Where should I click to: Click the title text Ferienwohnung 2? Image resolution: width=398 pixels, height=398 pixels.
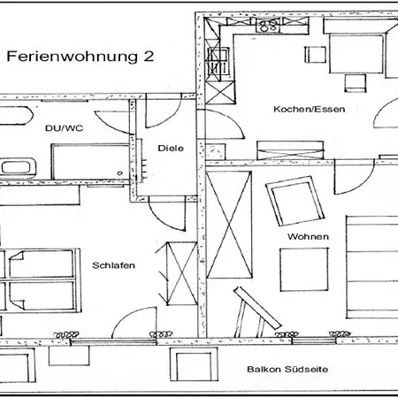(x=80, y=57)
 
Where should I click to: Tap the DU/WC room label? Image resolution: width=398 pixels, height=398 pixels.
(x=64, y=128)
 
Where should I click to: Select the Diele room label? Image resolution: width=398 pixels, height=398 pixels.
(x=171, y=148)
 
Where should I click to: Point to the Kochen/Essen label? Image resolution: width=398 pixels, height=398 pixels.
(x=310, y=110)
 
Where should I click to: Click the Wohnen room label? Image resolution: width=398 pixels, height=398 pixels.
(x=308, y=236)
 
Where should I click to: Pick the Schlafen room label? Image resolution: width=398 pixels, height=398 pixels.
(x=113, y=265)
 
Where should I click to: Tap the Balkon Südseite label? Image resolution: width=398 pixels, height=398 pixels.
(x=287, y=369)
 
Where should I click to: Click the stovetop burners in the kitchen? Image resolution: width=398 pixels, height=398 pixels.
(x=268, y=25)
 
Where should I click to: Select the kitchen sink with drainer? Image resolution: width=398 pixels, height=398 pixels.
(x=218, y=63)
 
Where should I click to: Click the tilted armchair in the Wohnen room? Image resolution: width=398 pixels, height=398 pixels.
(x=295, y=201)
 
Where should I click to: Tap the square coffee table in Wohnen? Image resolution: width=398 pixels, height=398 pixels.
(x=304, y=270)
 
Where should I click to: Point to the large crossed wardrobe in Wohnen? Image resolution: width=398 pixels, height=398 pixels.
(x=229, y=225)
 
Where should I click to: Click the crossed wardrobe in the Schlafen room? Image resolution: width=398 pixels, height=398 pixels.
(x=181, y=273)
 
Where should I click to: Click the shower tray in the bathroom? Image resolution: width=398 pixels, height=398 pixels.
(x=90, y=162)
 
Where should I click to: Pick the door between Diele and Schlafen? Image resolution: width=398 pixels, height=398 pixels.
(x=167, y=214)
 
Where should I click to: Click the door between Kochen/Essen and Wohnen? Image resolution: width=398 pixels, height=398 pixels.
(x=354, y=177)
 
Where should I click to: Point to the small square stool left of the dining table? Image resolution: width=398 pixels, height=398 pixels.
(x=315, y=55)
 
